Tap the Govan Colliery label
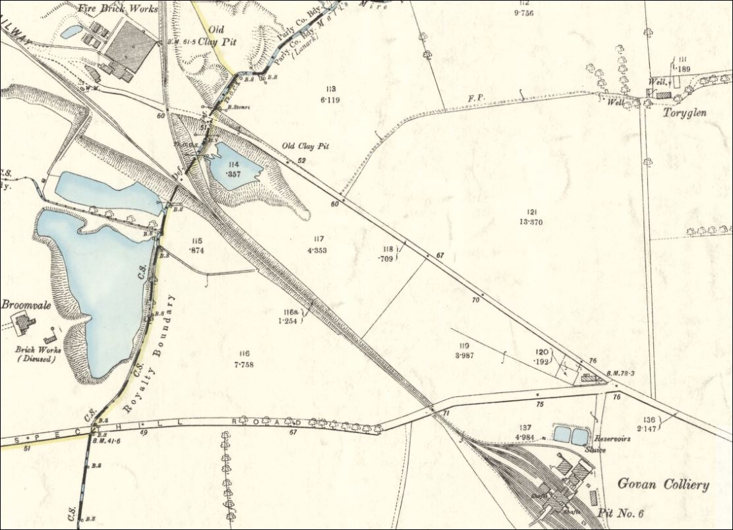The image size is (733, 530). click(663, 485)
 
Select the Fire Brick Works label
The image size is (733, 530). click(118, 9)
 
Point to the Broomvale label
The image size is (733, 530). click(26, 305)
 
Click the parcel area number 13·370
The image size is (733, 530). click(531, 222)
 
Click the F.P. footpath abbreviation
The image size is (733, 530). click(476, 98)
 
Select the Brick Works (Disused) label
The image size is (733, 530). click(36, 354)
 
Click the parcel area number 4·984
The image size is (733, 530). click(525, 437)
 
